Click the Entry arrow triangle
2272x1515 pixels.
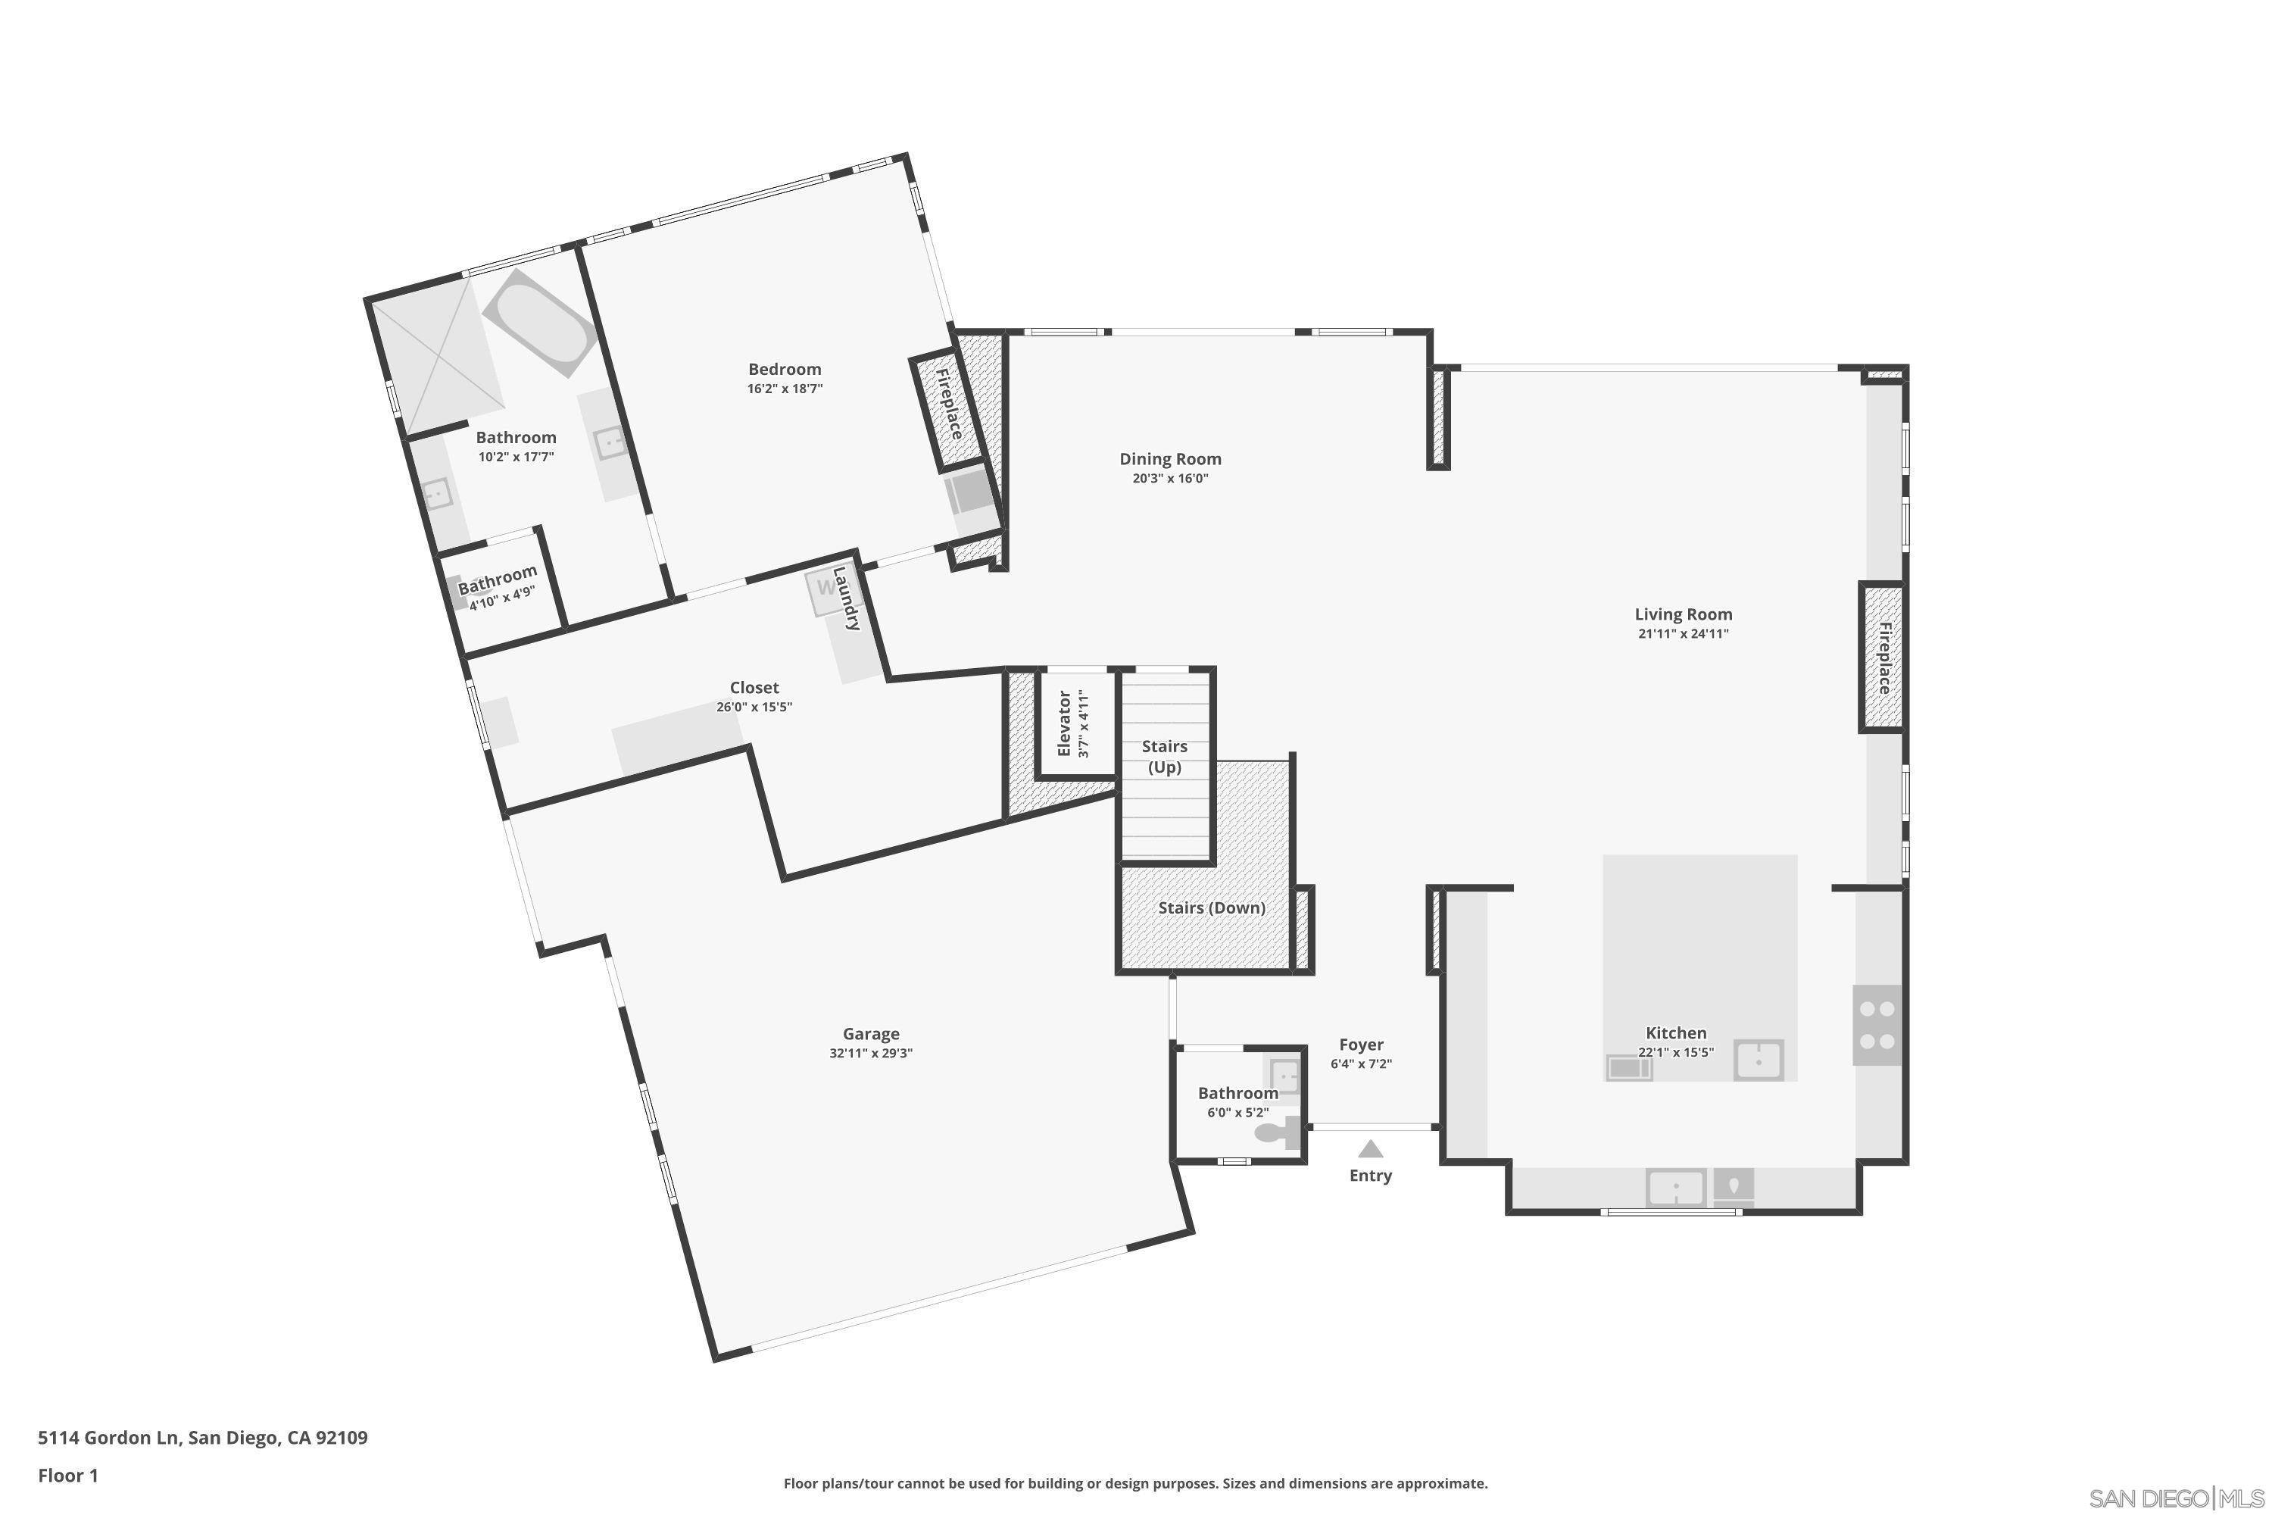pos(1370,1149)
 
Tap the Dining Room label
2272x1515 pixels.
pos(1170,459)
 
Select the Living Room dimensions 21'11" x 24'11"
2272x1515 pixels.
pos(1683,634)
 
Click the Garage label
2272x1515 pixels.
pos(870,1034)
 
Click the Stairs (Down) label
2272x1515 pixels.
pos(1211,907)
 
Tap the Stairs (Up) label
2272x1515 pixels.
pos(1164,757)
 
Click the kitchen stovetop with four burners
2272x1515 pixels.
pos(1877,1025)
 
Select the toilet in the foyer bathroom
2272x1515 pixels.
pos(1276,1132)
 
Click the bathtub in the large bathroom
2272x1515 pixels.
pos(540,323)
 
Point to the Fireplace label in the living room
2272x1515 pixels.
pos(1883,657)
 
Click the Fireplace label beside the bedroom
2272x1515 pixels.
pos(949,403)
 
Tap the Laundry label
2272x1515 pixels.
pos(846,599)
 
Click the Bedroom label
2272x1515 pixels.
pos(785,369)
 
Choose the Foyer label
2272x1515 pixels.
pos(1361,1045)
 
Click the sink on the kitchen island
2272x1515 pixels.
pos(1758,1060)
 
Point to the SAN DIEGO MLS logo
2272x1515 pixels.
pos(2177,1498)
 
